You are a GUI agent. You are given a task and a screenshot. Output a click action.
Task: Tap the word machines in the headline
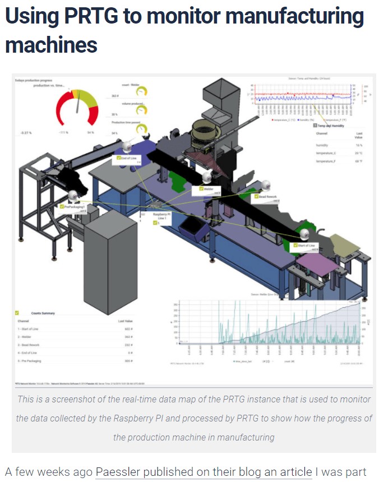pos(51,44)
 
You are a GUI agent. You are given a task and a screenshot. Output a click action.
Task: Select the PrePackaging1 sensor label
pos(73,207)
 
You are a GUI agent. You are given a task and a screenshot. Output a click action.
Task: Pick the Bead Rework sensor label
pos(266,197)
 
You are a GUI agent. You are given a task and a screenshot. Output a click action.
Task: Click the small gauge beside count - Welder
pos(141,91)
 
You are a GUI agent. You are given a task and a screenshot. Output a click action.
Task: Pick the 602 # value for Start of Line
pos(127,328)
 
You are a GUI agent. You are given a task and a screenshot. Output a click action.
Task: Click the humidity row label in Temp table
pos(322,144)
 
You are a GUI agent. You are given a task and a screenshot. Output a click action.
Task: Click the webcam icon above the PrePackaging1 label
pos(73,196)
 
